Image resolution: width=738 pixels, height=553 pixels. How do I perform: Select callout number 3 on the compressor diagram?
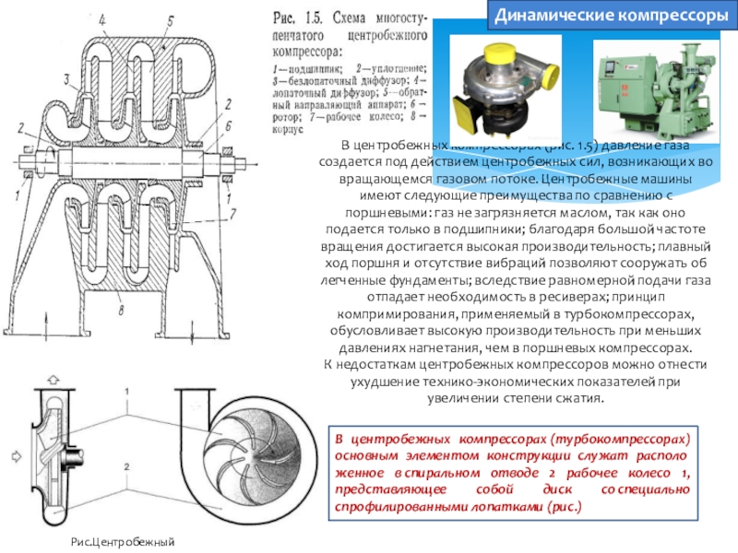point(67,78)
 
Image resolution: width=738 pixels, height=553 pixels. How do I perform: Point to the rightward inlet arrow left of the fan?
point(13,454)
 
